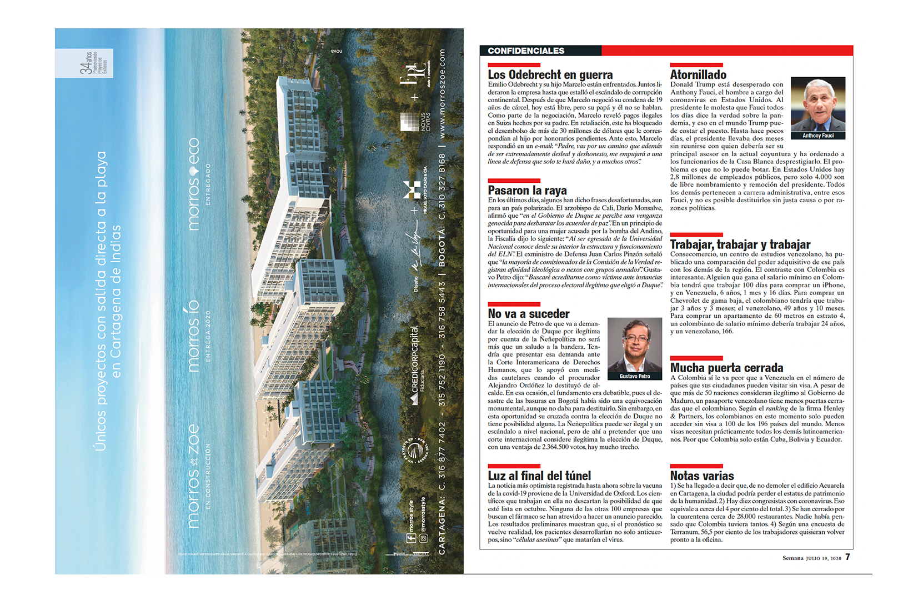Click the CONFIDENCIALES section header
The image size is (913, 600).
tap(525, 51)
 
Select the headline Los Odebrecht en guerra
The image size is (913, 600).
tap(550, 74)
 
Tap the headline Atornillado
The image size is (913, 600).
tap(698, 74)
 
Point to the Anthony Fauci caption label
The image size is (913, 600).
tap(817, 136)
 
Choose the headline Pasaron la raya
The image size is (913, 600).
tap(527, 191)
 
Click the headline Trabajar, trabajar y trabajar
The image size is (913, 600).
tap(740, 244)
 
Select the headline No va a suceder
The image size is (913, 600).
tap(528, 314)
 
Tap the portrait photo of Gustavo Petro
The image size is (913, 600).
tap(634, 345)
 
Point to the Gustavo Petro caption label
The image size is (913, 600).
tap(634, 377)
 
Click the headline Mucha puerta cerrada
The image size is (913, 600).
tap(726, 368)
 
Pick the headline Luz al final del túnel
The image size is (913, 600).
tap(539, 476)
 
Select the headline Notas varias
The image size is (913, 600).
tap(701, 476)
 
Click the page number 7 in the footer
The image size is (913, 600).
tap(847, 557)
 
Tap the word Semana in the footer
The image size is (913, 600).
tap(792, 558)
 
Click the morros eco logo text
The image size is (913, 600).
tap(194, 183)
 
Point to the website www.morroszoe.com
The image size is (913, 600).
tap(442, 93)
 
